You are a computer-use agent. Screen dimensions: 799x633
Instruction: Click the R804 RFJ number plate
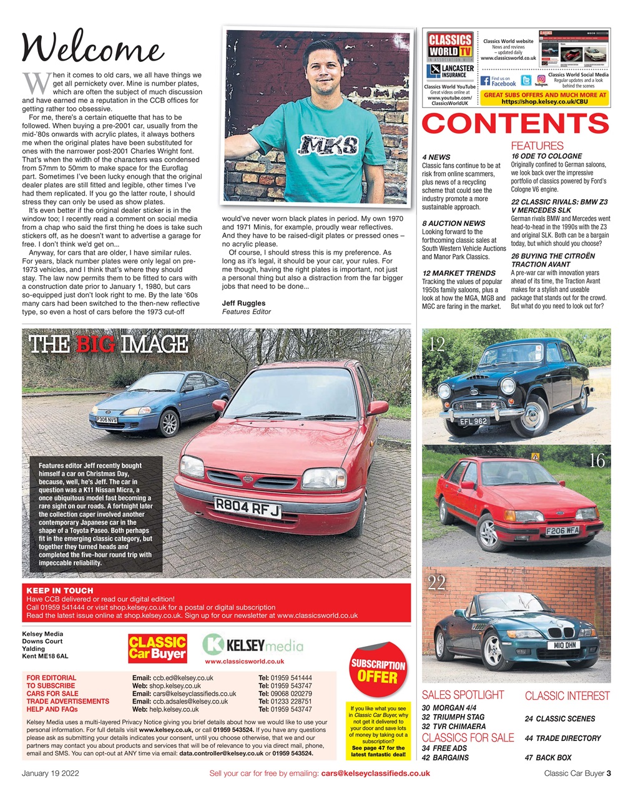click(247, 508)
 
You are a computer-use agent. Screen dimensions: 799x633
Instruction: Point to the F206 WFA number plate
click(562, 531)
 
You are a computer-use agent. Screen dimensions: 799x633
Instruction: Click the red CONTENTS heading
click(515, 124)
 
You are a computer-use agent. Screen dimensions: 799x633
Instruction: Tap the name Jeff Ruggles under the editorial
click(243, 303)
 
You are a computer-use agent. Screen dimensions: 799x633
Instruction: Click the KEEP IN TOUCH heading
click(60, 591)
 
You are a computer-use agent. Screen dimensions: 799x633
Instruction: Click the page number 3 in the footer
click(609, 773)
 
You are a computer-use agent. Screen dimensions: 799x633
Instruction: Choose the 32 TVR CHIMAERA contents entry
click(454, 727)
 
